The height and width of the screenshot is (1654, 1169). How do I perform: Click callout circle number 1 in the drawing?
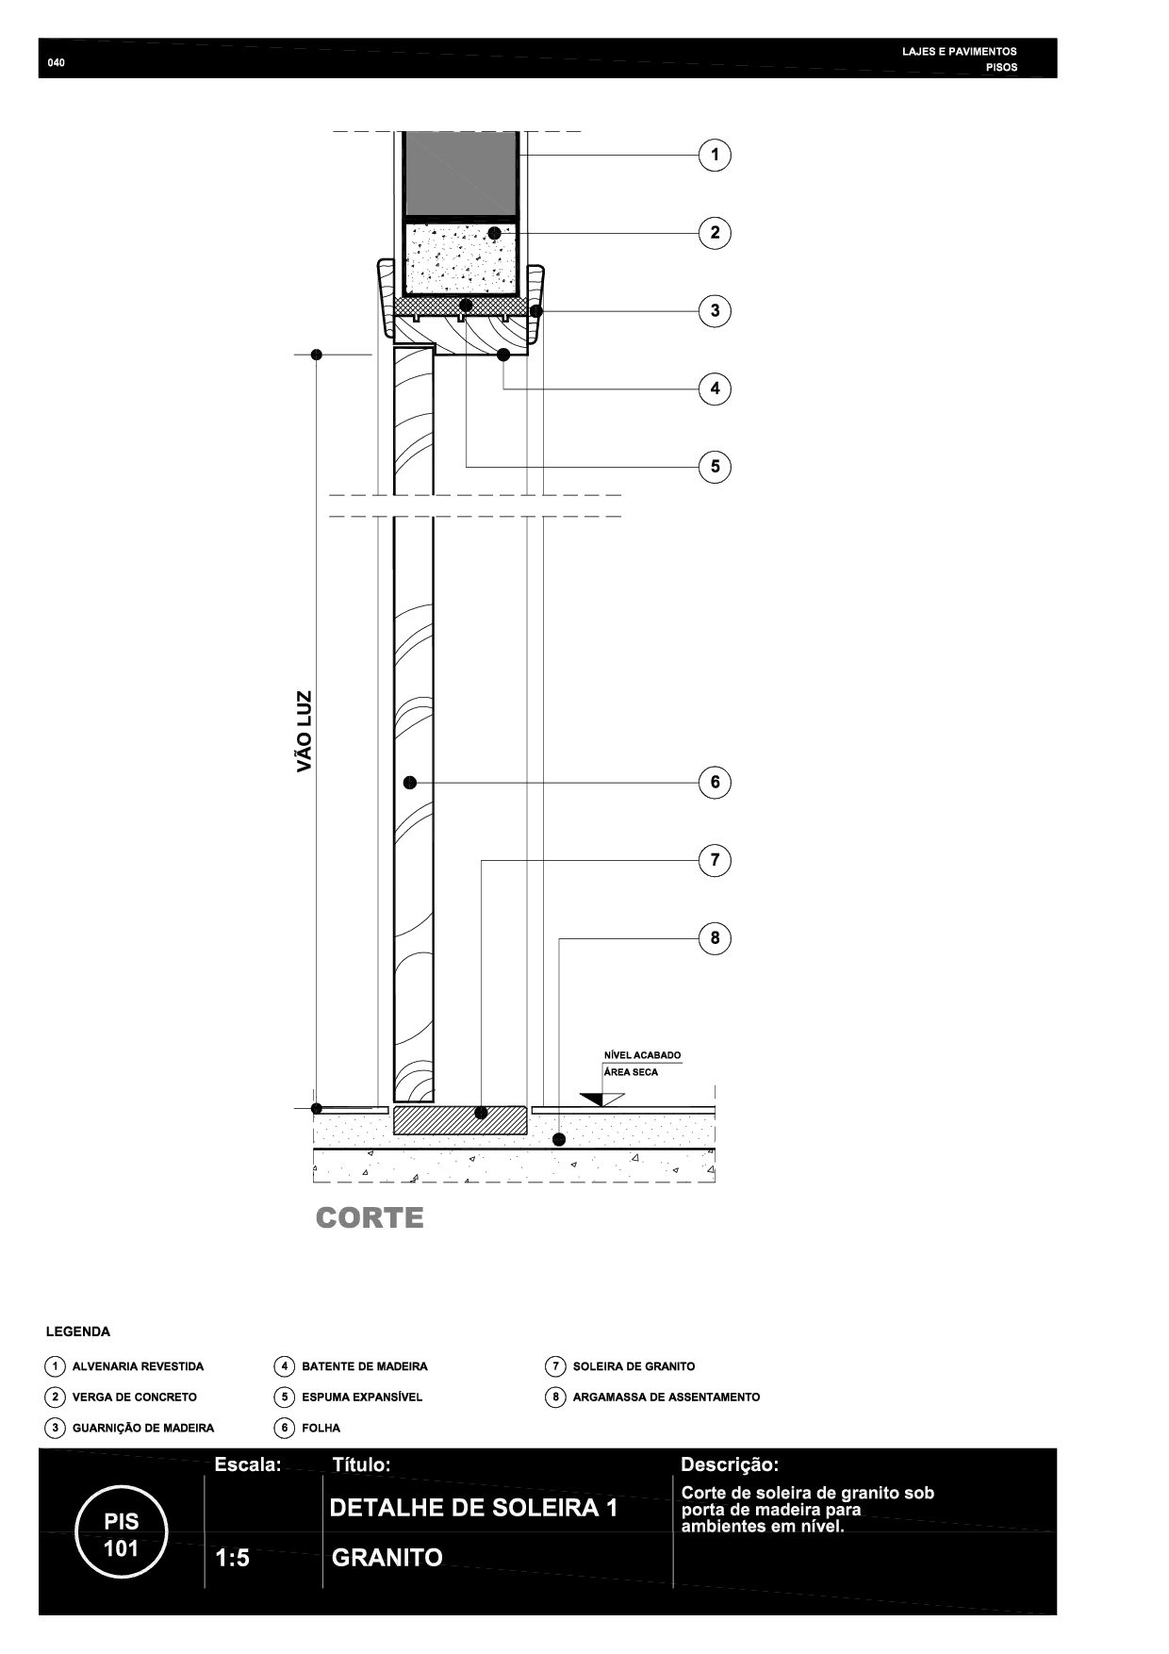click(715, 155)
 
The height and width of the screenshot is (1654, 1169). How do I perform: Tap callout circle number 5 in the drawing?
click(715, 466)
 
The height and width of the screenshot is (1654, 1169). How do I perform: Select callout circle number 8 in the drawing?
click(715, 937)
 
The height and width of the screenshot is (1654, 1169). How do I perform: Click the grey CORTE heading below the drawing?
click(370, 1217)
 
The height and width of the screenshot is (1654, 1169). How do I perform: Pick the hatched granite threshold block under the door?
click(460, 1119)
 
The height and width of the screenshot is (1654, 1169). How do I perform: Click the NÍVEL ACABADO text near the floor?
click(642, 1055)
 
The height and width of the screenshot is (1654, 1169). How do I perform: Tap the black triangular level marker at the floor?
click(593, 1099)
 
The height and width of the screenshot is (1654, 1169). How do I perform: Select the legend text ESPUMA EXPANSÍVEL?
click(362, 1397)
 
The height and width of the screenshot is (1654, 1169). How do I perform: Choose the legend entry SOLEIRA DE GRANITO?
click(634, 1365)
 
